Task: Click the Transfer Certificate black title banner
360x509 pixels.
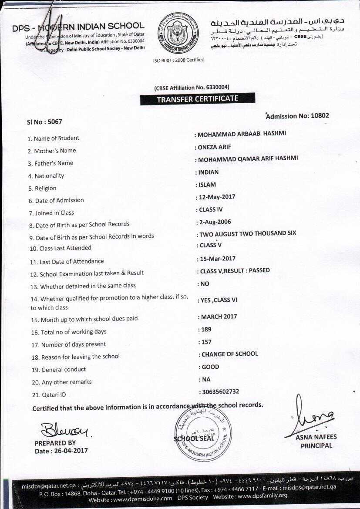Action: point(197,99)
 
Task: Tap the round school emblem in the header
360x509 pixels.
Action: point(178,33)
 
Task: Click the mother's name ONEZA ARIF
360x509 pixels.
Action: point(214,147)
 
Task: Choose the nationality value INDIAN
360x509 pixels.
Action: point(209,172)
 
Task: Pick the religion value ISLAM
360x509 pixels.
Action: point(207,185)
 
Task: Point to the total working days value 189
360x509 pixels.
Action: point(205,330)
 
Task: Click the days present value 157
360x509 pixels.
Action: point(205,342)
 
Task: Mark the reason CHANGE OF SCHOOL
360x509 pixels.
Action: point(229,354)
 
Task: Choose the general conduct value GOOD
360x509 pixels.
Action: point(210,367)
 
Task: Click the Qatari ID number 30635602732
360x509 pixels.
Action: point(219,392)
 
